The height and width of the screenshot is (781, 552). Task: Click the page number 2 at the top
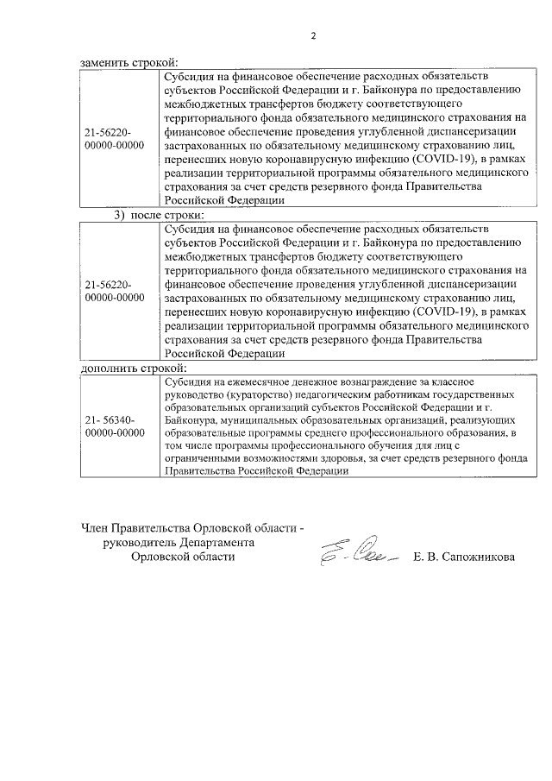(314, 35)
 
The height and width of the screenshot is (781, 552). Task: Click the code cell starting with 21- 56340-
(116, 425)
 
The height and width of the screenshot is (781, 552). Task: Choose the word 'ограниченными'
(201, 458)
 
